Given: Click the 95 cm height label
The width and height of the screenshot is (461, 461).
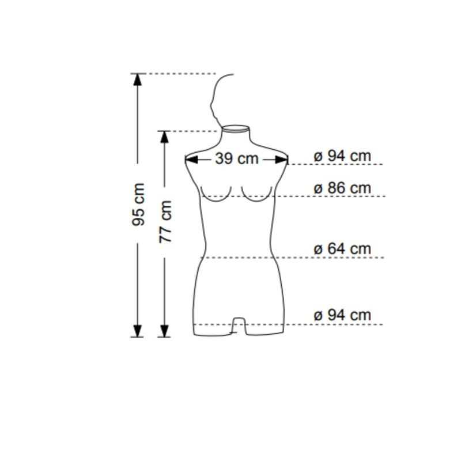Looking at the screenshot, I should (x=138, y=205).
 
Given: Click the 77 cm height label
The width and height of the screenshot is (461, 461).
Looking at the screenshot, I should (x=165, y=221).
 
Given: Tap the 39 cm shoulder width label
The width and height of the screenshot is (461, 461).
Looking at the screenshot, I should (x=236, y=158).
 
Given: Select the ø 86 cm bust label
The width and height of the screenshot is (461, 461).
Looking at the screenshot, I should (x=342, y=188).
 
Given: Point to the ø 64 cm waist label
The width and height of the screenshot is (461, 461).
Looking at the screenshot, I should (x=342, y=249).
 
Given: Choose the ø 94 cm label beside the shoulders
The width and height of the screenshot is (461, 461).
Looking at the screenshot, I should (x=342, y=156).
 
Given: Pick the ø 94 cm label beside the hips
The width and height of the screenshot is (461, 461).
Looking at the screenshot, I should (x=342, y=315).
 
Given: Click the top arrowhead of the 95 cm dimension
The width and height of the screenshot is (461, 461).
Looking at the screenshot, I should (x=137, y=80).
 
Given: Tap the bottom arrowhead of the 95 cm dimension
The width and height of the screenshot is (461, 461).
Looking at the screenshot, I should (x=137, y=331).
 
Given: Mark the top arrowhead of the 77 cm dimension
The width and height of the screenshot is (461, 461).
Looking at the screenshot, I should (x=165, y=137).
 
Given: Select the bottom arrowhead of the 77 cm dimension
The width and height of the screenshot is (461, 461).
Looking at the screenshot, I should (x=165, y=331).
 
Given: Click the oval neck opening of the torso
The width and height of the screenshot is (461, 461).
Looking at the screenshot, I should (x=236, y=128).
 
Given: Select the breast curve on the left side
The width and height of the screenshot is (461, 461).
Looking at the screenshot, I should (x=217, y=196).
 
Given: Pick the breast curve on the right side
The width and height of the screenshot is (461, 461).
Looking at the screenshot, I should (x=256, y=196).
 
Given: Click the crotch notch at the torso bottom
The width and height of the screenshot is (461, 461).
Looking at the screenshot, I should (x=237, y=327).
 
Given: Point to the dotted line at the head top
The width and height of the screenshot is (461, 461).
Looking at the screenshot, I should (x=179, y=74).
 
